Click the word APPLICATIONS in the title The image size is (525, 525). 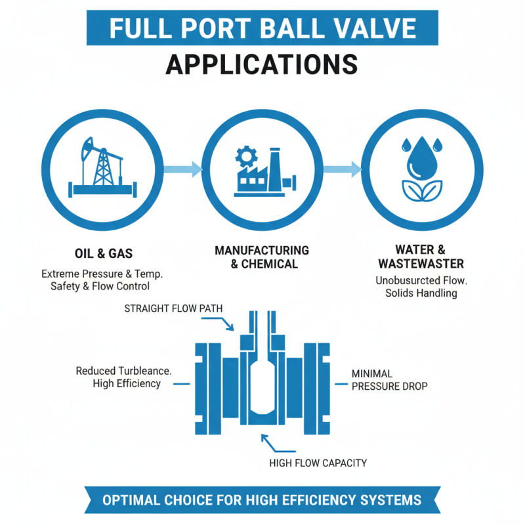[x=262, y=65]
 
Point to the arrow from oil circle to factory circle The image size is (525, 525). [x=182, y=169]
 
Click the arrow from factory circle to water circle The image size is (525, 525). [x=343, y=169]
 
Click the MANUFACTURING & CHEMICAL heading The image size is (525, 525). [x=262, y=257]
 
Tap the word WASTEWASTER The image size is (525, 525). [x=420, y=264]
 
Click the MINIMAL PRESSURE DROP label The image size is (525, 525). [x=389, y=379]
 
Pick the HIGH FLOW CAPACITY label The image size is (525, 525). [x=318, y=463]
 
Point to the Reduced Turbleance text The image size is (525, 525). [x=124, y=371]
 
